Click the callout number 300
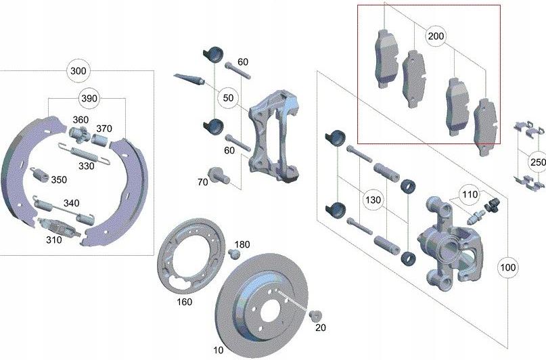(78, 71)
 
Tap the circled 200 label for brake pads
(436, 37)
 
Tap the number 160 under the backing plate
(184, 302)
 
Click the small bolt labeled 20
(313, 316)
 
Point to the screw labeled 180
(234, 254)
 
